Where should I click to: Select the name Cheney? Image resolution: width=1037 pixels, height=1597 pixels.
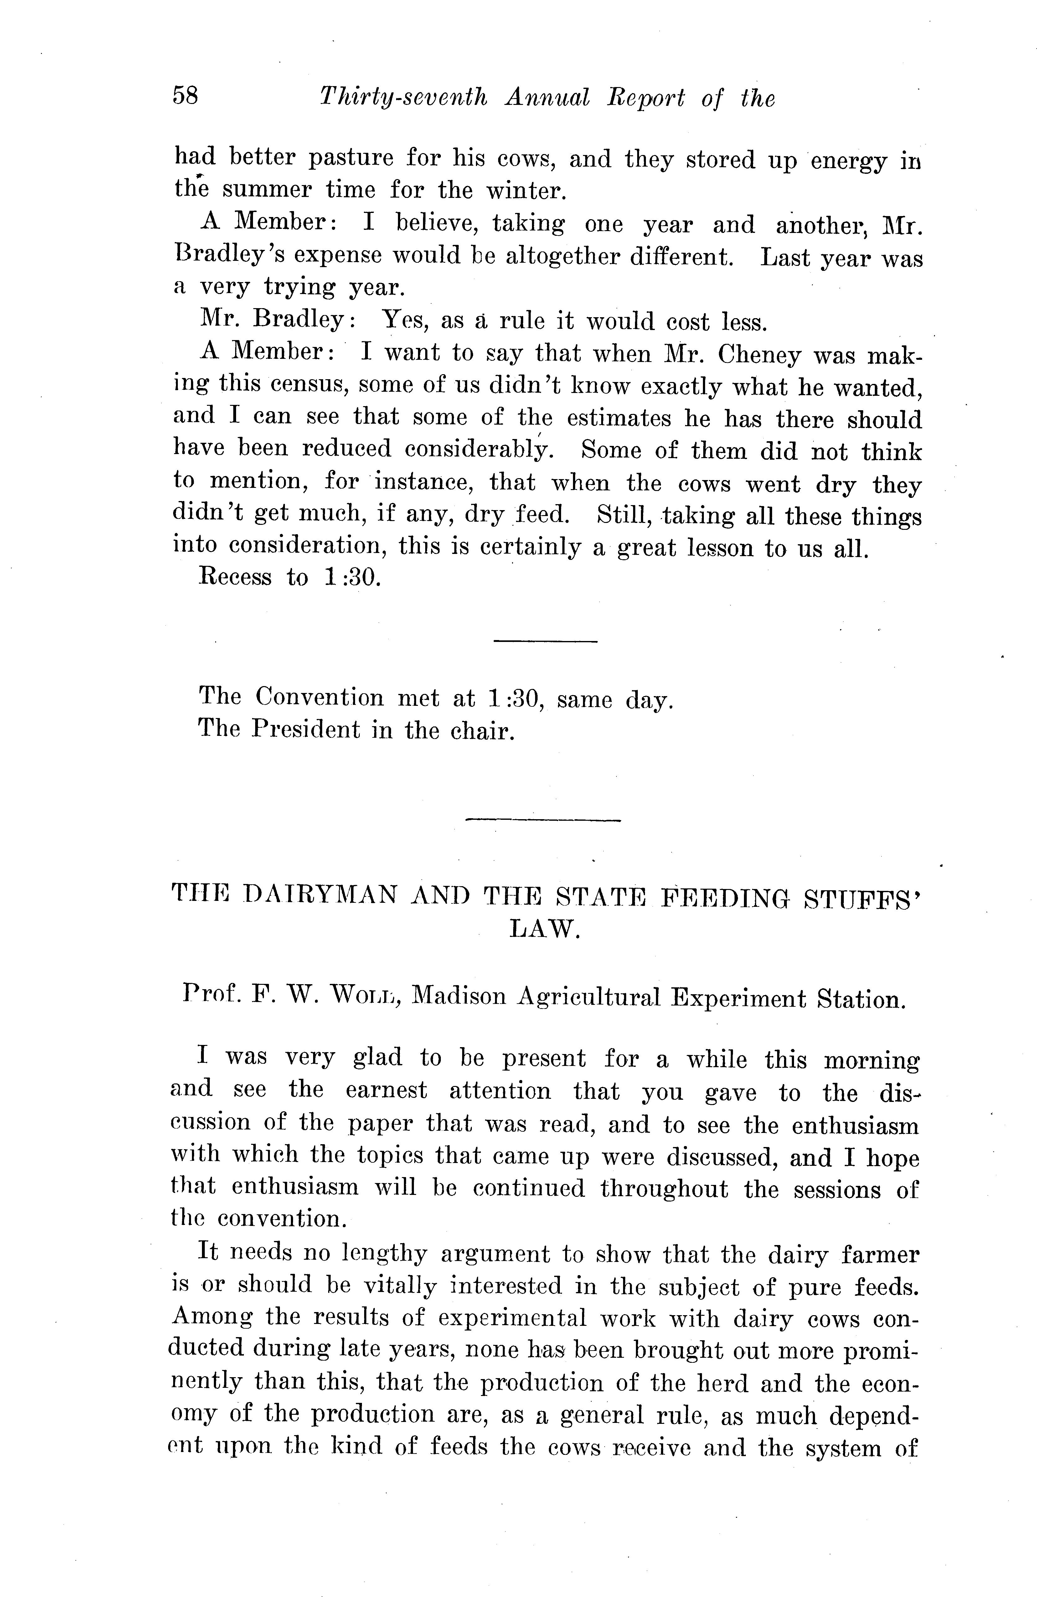(759, 354)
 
